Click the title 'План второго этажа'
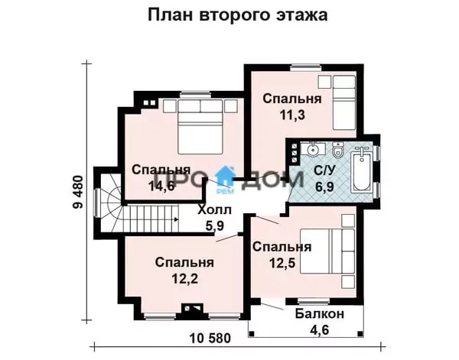(237, 15)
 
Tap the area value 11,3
(292, 115)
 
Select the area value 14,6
(161, 186)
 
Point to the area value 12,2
(184, 278)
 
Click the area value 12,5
(282, 263)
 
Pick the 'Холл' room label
(214, 210)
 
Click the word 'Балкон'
(320, 314)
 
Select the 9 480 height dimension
(78, 192)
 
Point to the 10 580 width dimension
(210, 339)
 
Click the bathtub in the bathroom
(362, 170)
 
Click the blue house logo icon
(225, 176)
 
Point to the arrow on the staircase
(176, 219)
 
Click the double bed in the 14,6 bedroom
(200, 127)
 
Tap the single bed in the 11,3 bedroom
(344, 102)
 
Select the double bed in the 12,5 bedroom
(327, 251)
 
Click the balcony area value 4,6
(319, 329)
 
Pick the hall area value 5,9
(214, 225)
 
